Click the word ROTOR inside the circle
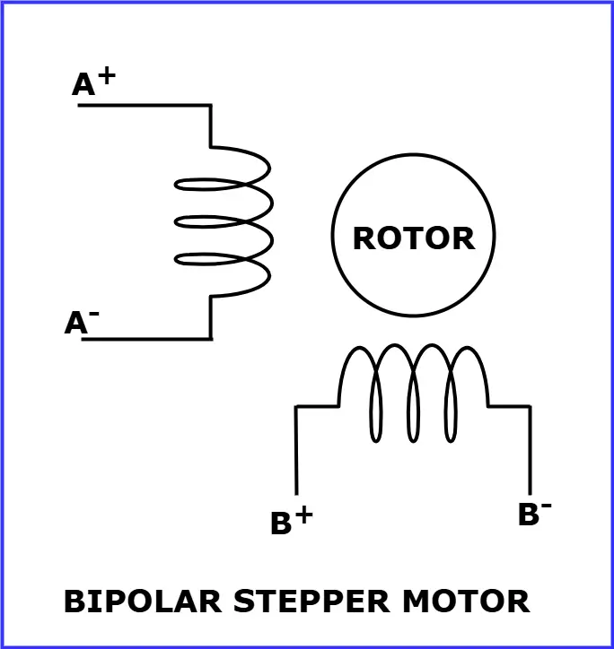(x=413, y=238)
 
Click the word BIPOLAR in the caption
(x=143, y=601)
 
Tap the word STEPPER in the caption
(x=296, y=601)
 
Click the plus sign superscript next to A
(x=106, y=75)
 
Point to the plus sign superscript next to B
(x=303, y=515)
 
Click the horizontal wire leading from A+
(x=144, y=106)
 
